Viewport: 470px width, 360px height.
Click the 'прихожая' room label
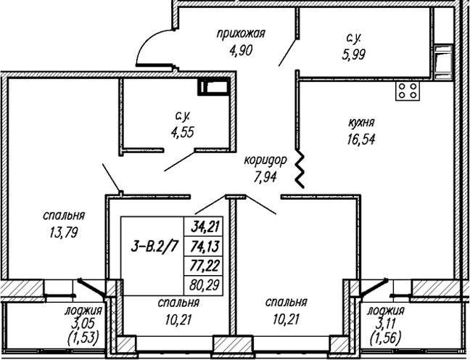pyautogui.click(x=241, y=34)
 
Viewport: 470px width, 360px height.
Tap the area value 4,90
pyautogui.click(x=241, y=51)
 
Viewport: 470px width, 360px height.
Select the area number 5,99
pyautogui.click(x=354, y=54)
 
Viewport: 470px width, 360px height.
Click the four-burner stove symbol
pyautogui.click(x=408, y=91)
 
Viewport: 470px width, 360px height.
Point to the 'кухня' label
pyautogui.click(x=361, y=123)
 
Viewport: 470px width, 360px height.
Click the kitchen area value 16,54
pyautogui.click(x=361, y=139)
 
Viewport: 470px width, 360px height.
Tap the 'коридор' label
pyautogui.click(x=265, y=160)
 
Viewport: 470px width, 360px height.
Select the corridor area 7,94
pyautogui.click(x=265, y=176)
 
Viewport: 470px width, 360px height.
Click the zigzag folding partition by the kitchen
pyautogui.click(x=300, y=168)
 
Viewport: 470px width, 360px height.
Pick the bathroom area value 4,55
pyautogui.click(x=182, y=132)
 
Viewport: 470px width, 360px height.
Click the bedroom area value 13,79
pyautogui.click(x=64, y=232)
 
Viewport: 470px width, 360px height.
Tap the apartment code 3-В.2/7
pyautogui.click(x=154, y=247)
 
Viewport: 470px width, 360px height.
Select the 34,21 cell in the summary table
pyautogui.click(x=205, y=226)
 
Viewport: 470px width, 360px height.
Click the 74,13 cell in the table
pyautogui.click(x=205, y=247)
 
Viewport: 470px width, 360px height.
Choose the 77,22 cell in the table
pyautogui.click(x=205, y=266)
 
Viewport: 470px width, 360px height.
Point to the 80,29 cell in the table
pyautogui.click(x=205, y=284)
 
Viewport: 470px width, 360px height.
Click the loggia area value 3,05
pyautogui.click(x=83, y=324)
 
